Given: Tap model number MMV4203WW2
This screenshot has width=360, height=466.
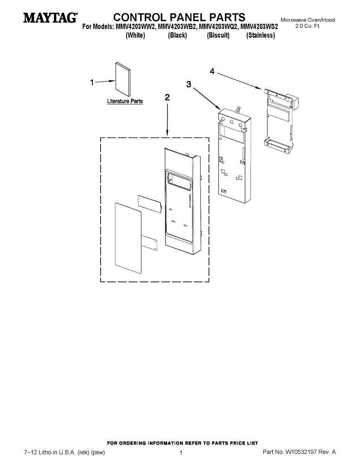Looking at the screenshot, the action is pyautogui.click(x=136, y=27).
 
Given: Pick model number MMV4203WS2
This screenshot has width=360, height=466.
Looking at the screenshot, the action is pyautogui.click(x=259, y=27).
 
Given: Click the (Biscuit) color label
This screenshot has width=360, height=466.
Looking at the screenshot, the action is pyautogui.click(x=218, y=35).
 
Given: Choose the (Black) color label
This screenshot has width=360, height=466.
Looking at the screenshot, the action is pyautogui.click(x=177, y=35).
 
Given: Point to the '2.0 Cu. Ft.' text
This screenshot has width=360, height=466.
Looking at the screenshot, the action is pyautogui.click(x=308, y=26).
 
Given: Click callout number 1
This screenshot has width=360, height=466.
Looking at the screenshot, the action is pyautogui.click(x=92, y=82).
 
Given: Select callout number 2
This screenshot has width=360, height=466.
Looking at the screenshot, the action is pyautogui.click(x=167, y=97).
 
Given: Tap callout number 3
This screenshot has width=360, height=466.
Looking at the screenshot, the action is pyautogui.click(x=189, y=84).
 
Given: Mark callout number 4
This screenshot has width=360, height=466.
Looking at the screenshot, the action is pyautogui.click(x=212, y=71).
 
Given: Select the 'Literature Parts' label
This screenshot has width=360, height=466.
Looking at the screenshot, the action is pyautogui.click(x=125, y=101).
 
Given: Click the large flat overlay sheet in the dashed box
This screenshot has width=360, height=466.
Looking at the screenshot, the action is pyautogui.click(x=128, y=237).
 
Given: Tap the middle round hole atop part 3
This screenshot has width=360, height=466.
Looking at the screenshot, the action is pyautogui.click(x=231, y=122).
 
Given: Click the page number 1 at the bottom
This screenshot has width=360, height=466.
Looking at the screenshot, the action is pyautogui.click(x=181, y=452).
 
